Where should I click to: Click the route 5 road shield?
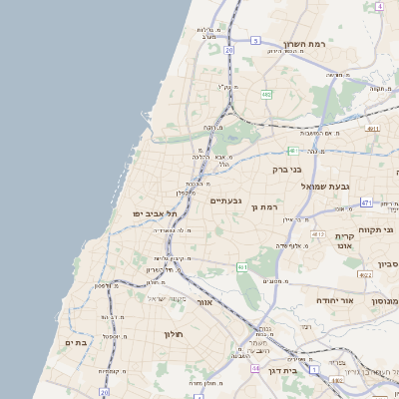(x=255, y=41)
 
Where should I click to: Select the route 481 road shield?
(x=292, y=151)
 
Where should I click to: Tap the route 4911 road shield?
(x=372, y=129)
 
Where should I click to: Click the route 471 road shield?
(x=366, y=202)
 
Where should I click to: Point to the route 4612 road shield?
(x=317, y=234)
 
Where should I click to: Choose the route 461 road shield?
(x=241, y=267)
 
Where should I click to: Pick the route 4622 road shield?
(x=365, y=274)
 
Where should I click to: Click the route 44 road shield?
(x=255, y=368)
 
